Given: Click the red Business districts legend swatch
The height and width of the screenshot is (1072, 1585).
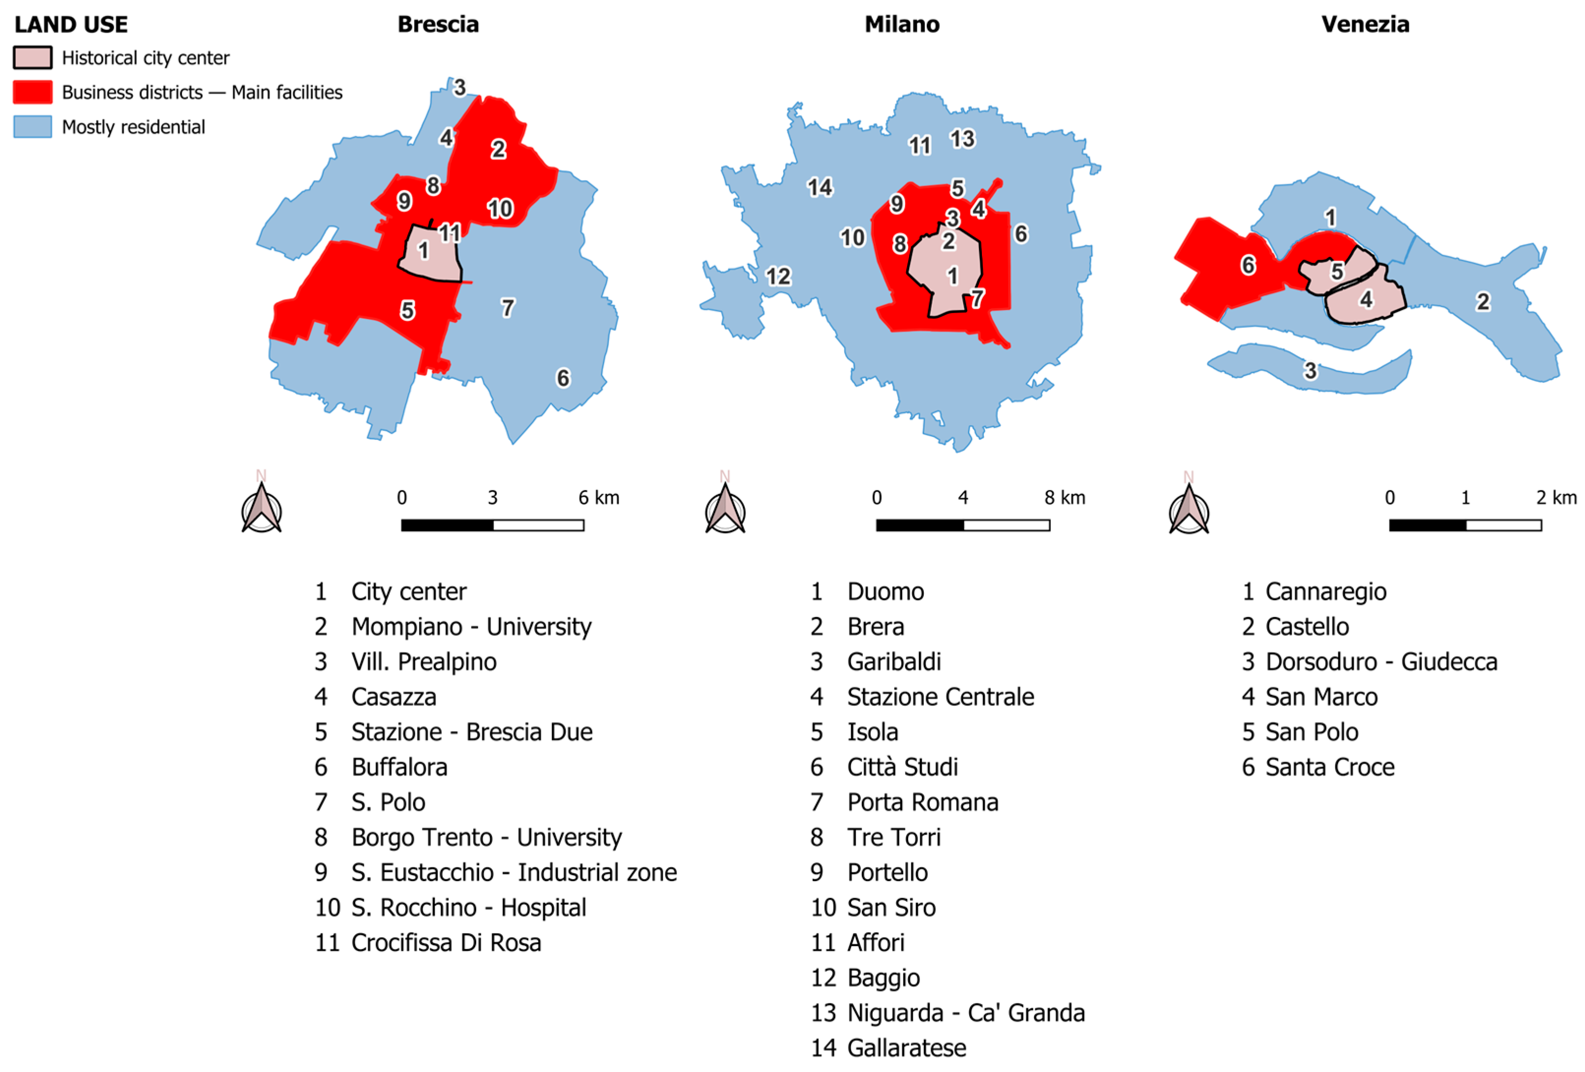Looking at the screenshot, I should (32, 92).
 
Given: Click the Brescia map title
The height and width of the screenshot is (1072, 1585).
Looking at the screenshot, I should (438, 25).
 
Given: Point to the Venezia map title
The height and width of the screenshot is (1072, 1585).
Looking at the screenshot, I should (1365, 25).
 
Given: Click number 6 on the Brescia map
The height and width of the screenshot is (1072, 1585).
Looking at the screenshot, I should (563, 378).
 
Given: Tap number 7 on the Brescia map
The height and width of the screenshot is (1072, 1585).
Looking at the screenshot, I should (507, 308).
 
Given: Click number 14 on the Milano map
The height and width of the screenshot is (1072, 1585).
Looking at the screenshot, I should (819, 187).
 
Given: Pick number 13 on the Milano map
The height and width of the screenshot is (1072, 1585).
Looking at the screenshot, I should (962, 139).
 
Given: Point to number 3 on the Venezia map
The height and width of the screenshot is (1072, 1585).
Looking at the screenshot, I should (1310, 370).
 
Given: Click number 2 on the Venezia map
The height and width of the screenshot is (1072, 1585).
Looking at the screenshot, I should (1483, 302).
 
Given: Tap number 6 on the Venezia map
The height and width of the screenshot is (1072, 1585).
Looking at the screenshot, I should (1248, 265).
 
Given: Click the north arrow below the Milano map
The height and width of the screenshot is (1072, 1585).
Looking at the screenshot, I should (725, 510).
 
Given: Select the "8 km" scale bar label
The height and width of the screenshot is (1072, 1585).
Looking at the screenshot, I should (1064, 498).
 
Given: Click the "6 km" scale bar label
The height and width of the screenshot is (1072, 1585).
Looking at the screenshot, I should (598, 498).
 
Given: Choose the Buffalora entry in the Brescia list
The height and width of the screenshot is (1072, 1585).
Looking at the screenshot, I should (399, 767).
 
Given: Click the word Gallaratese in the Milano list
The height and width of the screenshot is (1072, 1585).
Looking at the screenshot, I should (907, 1048).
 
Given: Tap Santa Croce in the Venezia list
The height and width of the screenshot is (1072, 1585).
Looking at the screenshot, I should (1329, 767).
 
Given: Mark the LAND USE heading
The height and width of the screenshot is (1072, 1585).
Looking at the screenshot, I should (71, 25).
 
